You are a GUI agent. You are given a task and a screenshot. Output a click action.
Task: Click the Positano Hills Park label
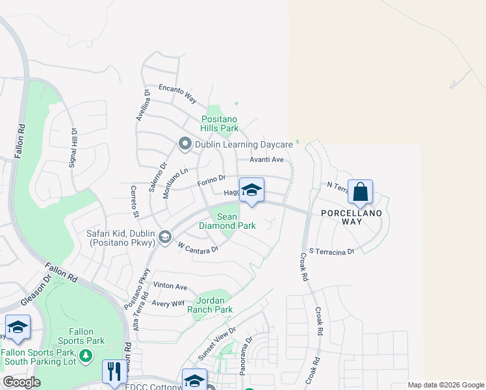tap(220, 123)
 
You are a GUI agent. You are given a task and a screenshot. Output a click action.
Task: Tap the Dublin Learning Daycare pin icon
tap(185, 144)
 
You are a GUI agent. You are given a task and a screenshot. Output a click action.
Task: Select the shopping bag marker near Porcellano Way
tap(360, 192)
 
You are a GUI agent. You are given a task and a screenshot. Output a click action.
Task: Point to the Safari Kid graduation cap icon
tap(164, 236)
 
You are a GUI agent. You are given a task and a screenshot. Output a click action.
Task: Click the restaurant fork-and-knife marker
tap(114, 372)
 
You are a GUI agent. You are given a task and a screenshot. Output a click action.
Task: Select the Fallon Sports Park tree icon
tap(85, 355)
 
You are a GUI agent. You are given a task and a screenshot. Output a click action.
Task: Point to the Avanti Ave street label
tap(267, 160)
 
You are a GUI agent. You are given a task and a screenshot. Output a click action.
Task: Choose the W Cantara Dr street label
tap(197, 247)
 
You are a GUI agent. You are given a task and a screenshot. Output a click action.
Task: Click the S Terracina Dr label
tap(332, 251)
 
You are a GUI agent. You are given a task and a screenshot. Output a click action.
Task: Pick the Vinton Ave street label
tap(170, 287)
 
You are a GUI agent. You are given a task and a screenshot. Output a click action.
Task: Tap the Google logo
tap(21, 382)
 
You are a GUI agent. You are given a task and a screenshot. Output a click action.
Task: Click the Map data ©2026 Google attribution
tap(445, 385)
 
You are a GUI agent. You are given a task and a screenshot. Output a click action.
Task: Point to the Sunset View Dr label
tap(215, 343)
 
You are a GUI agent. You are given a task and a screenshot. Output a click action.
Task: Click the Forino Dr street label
tap(212, 181)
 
